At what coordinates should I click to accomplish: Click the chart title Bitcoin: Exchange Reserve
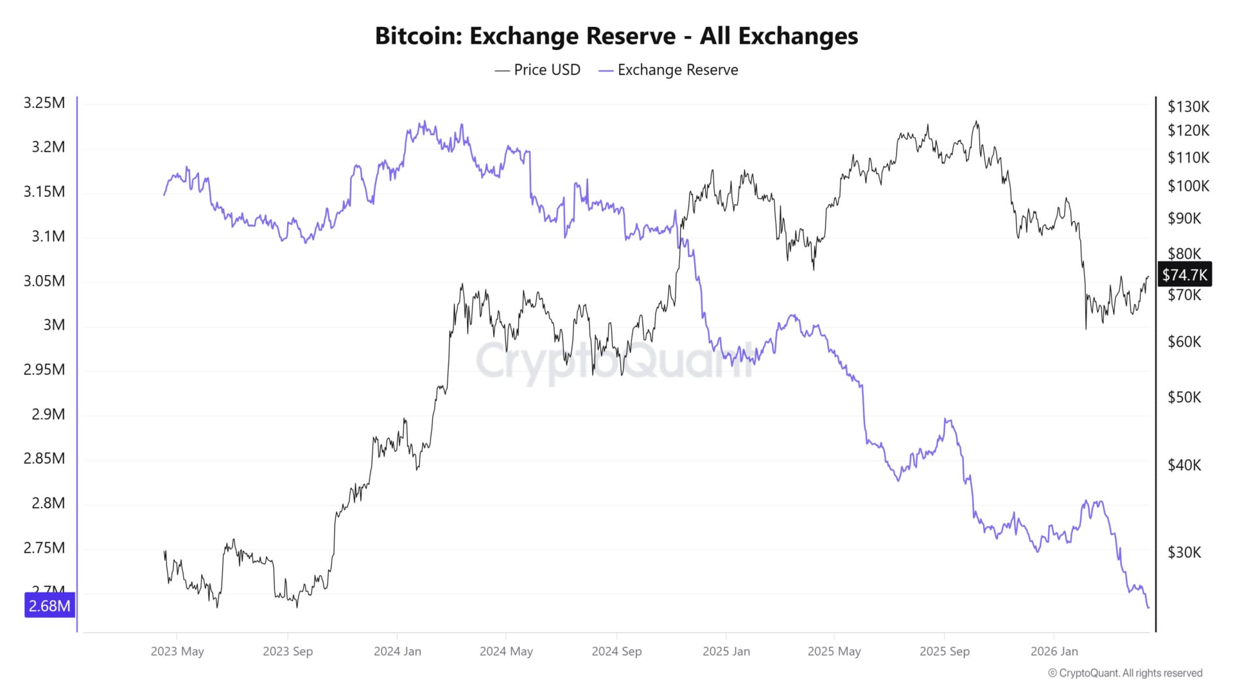[616, 36]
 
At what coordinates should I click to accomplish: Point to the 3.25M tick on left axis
[44, 103]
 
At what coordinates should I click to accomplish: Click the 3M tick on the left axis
[54, 325]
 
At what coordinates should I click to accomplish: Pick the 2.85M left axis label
[44, 459]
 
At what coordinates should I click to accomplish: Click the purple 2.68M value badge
[49, 605]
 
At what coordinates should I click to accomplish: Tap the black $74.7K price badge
[1184, 275]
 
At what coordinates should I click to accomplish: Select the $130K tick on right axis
[1188, 107]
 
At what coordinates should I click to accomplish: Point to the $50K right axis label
[1184, 397]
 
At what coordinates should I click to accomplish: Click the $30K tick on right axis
[1184, 552]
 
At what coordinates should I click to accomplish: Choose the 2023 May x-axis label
[177, 651]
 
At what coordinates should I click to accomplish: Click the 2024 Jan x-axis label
[398, 651]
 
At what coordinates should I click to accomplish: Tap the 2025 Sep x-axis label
[944, 651]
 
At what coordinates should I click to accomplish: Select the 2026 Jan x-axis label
[1054, 651]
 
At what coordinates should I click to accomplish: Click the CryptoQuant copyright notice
[1125, 673]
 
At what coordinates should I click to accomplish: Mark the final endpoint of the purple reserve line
[1148, 607]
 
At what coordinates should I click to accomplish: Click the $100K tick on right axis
[1188, 186]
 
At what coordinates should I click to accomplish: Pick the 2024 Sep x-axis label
[616, 651]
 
